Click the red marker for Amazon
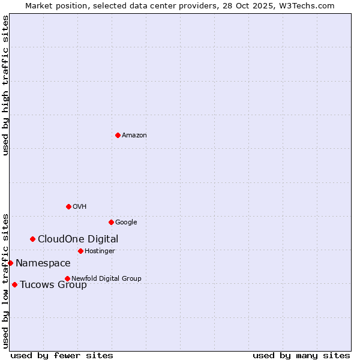[118, 135]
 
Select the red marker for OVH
[68, 206]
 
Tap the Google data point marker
[111, 222]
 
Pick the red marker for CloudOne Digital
[32, 239]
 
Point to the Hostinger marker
[80, 251]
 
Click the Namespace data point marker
[10, 263]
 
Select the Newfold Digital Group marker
[67, 278]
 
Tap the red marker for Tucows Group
[14, 284]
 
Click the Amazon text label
[134, 136]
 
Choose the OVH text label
[80, 207]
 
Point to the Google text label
[126, 223]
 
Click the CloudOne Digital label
[78, 239]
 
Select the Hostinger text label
[100, 251]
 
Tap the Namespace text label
[43, 263]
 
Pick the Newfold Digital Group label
[106, 279]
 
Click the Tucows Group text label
[53, 285]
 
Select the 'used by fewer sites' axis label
[62, 355]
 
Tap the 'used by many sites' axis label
[301, 355]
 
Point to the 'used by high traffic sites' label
[5, 85]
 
